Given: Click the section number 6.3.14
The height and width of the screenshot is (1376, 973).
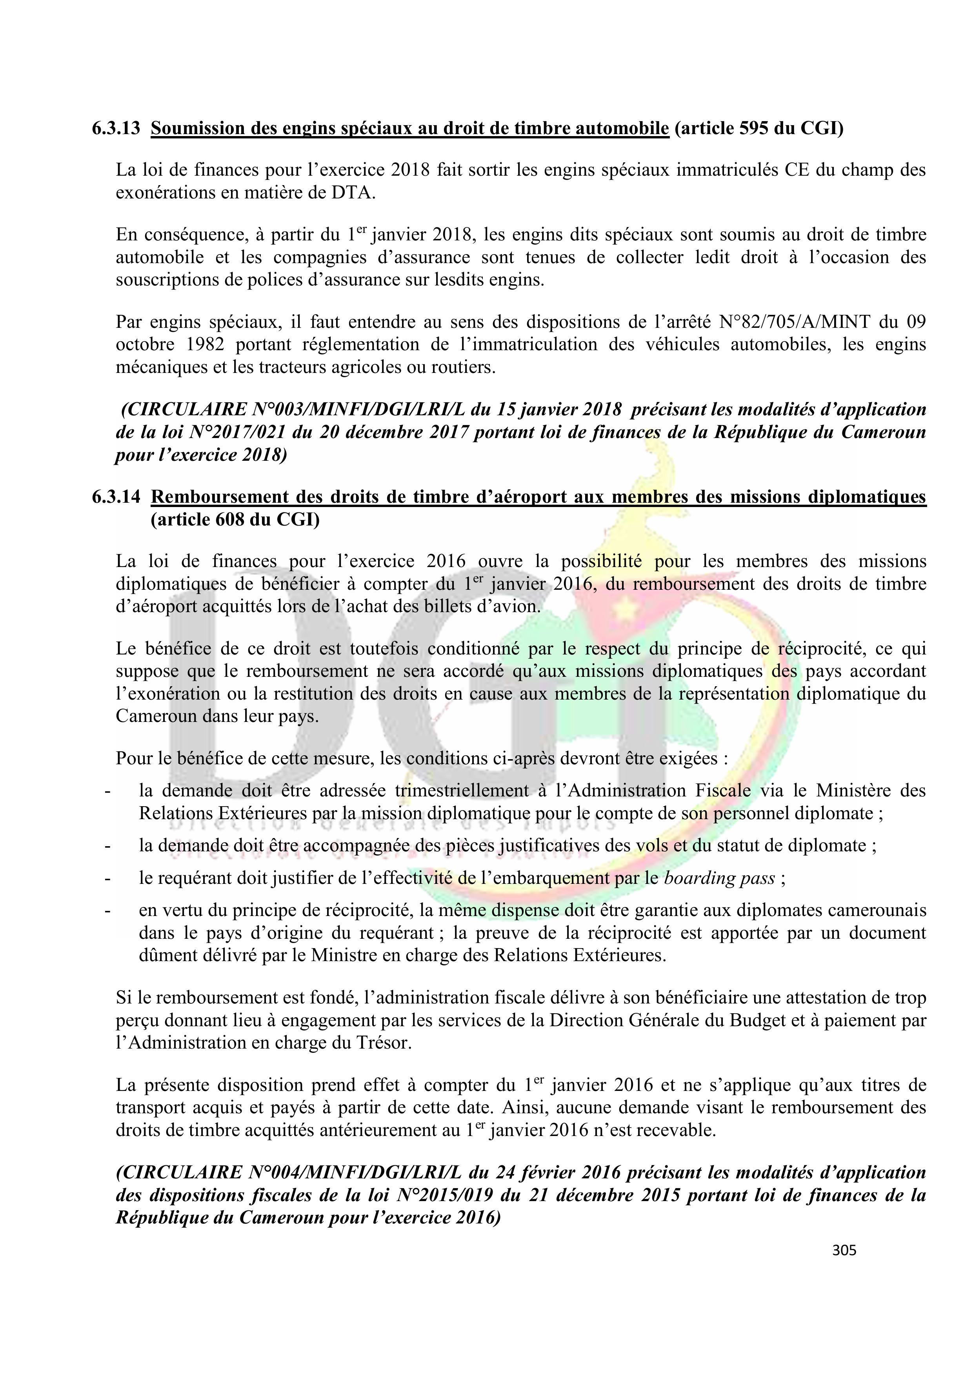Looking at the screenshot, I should [x=116, y=497].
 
